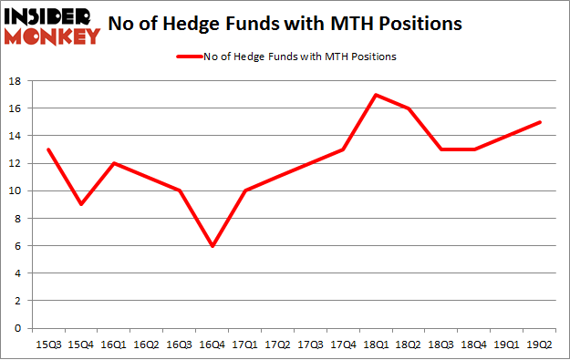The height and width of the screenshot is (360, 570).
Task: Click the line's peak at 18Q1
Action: (x=377, y=94)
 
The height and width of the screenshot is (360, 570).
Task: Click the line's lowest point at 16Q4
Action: (x=212, y=245)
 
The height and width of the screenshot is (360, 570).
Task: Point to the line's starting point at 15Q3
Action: (x=48, y=149)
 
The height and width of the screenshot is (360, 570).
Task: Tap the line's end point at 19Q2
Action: (x=541, y=122)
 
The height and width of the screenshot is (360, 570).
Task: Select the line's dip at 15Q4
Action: (x=81, y=204)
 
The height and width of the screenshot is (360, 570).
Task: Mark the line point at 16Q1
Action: (x=114, y=163)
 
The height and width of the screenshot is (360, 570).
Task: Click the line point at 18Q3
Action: (x=442, y=149)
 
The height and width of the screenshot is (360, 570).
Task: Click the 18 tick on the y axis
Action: (x=16, y=81)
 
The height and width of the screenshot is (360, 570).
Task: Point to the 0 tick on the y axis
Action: (x=19, y=328)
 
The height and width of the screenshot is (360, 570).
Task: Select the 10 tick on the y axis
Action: (x=16, y=190)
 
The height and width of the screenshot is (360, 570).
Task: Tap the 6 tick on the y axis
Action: (x=19, y=246)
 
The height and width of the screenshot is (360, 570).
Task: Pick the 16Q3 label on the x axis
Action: (x=180, y=345)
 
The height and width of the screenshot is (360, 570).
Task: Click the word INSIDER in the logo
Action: (x=50, y=16)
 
